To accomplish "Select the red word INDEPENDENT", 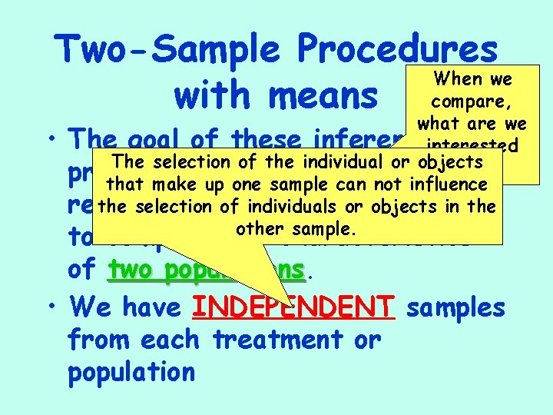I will pyautogui.click(x=293, y=307).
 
